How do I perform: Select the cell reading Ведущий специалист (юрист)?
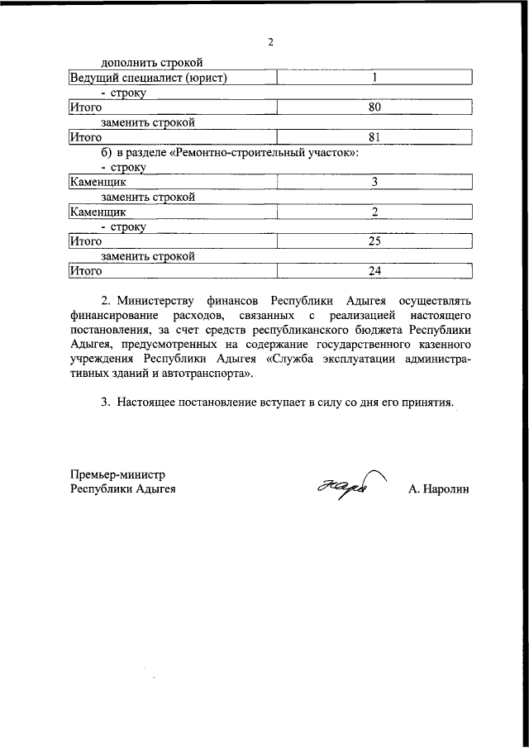point(147,78)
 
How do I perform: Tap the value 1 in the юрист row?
point(374,78)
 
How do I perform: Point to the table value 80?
point(374,107)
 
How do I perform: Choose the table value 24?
point(374,271)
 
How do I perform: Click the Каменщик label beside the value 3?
point(97,182)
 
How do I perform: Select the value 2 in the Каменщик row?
point(374,212)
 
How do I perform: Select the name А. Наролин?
point(438,489)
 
